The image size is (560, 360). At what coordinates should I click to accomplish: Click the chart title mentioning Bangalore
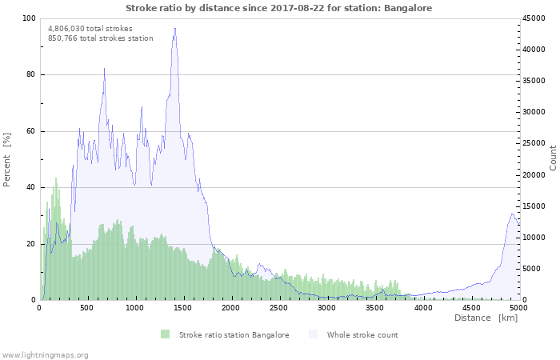point(280,7)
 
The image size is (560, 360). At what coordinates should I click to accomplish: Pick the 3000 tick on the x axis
point(327,307)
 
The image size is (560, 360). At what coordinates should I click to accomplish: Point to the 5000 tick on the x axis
point(518,307)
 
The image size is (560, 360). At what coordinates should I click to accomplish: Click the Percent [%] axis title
point(7,159)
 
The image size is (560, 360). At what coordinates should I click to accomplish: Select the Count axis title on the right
point(553,158)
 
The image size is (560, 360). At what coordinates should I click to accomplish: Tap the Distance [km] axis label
point(486,318)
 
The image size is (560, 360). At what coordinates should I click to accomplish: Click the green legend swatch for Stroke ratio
point(166,334)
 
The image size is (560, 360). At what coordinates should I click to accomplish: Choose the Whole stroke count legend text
point(362,334)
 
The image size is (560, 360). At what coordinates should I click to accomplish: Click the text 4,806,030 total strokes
point(90,28)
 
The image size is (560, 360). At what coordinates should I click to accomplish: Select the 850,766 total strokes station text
point(100,38)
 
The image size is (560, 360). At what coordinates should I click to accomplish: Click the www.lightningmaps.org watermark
point(46,354)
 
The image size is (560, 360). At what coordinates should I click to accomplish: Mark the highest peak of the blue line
point(175,29)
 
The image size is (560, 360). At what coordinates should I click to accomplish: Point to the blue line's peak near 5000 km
point(512,214)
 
